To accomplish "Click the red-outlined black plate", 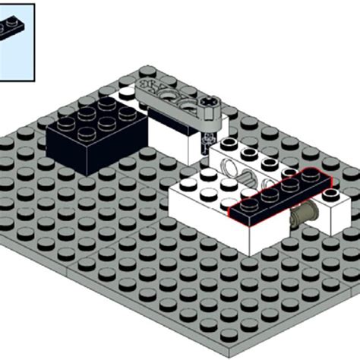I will point(279,197).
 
